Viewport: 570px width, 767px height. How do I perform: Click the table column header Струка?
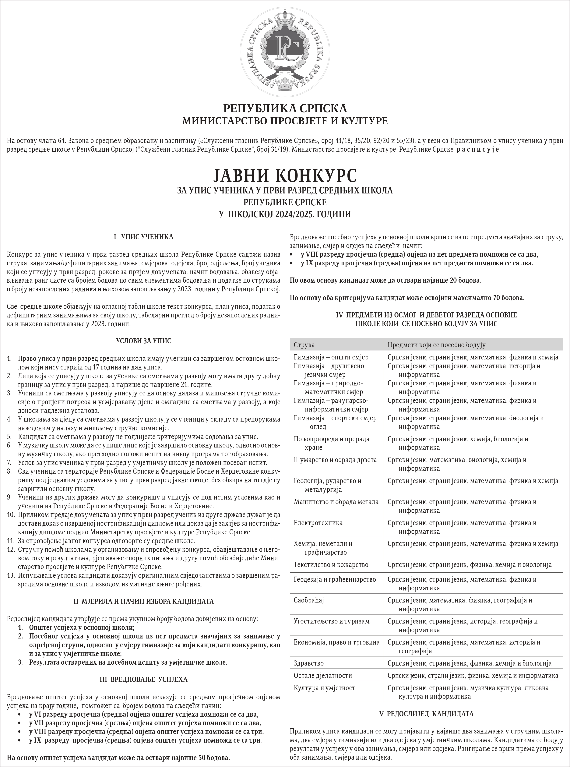coord(304,345)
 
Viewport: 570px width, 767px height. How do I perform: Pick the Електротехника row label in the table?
coord(318,523)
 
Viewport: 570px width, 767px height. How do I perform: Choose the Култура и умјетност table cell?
coord(324,688)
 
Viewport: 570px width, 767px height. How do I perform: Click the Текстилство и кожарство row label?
coord(331,565)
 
